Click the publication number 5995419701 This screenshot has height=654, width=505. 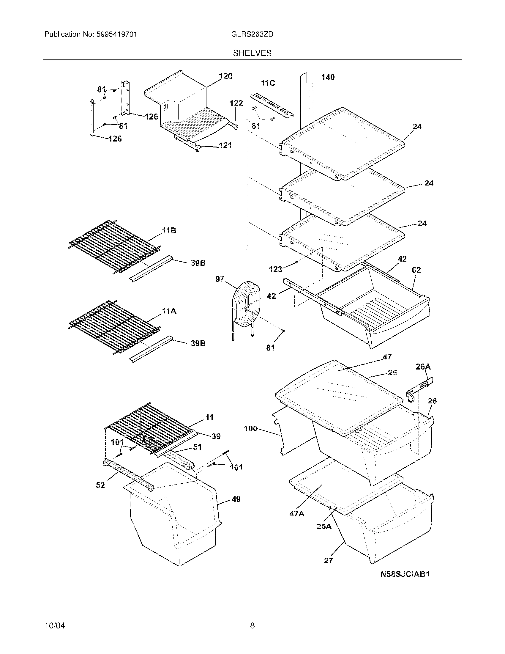pyautogui.click(x=116, y=34)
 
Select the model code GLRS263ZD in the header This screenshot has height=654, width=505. pyautogui.click(x=252, y=34)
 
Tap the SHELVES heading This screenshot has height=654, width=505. pyautogui.click(x=252, y=53)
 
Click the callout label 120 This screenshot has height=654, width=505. pyautogui.click(x=225, y=76)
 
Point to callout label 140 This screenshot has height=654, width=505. pyautogui.click(x=328, y=77)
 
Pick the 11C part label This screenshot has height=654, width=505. pyautogui.click(x=268, y=83)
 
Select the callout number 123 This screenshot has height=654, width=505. pyautogui.click(x=275, y=269)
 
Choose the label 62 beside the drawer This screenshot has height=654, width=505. pyautogui.click(x=416, y=270)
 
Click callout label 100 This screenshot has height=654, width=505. pyautogui.click(x=251, y=428)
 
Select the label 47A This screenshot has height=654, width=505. pyautogui.click(x=296, y=514)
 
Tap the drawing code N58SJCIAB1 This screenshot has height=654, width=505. pyautogui.click(x=405, y=574)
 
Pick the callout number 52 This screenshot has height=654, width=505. pyautogui.click(x=100, y=485)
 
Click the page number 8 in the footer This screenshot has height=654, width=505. pyautogui.click(x=252, y=625)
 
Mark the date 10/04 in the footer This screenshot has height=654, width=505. pyautogui.click(x=55, y=626)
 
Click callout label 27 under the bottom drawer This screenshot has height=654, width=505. pyautogui.click(x=328, y=561)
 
